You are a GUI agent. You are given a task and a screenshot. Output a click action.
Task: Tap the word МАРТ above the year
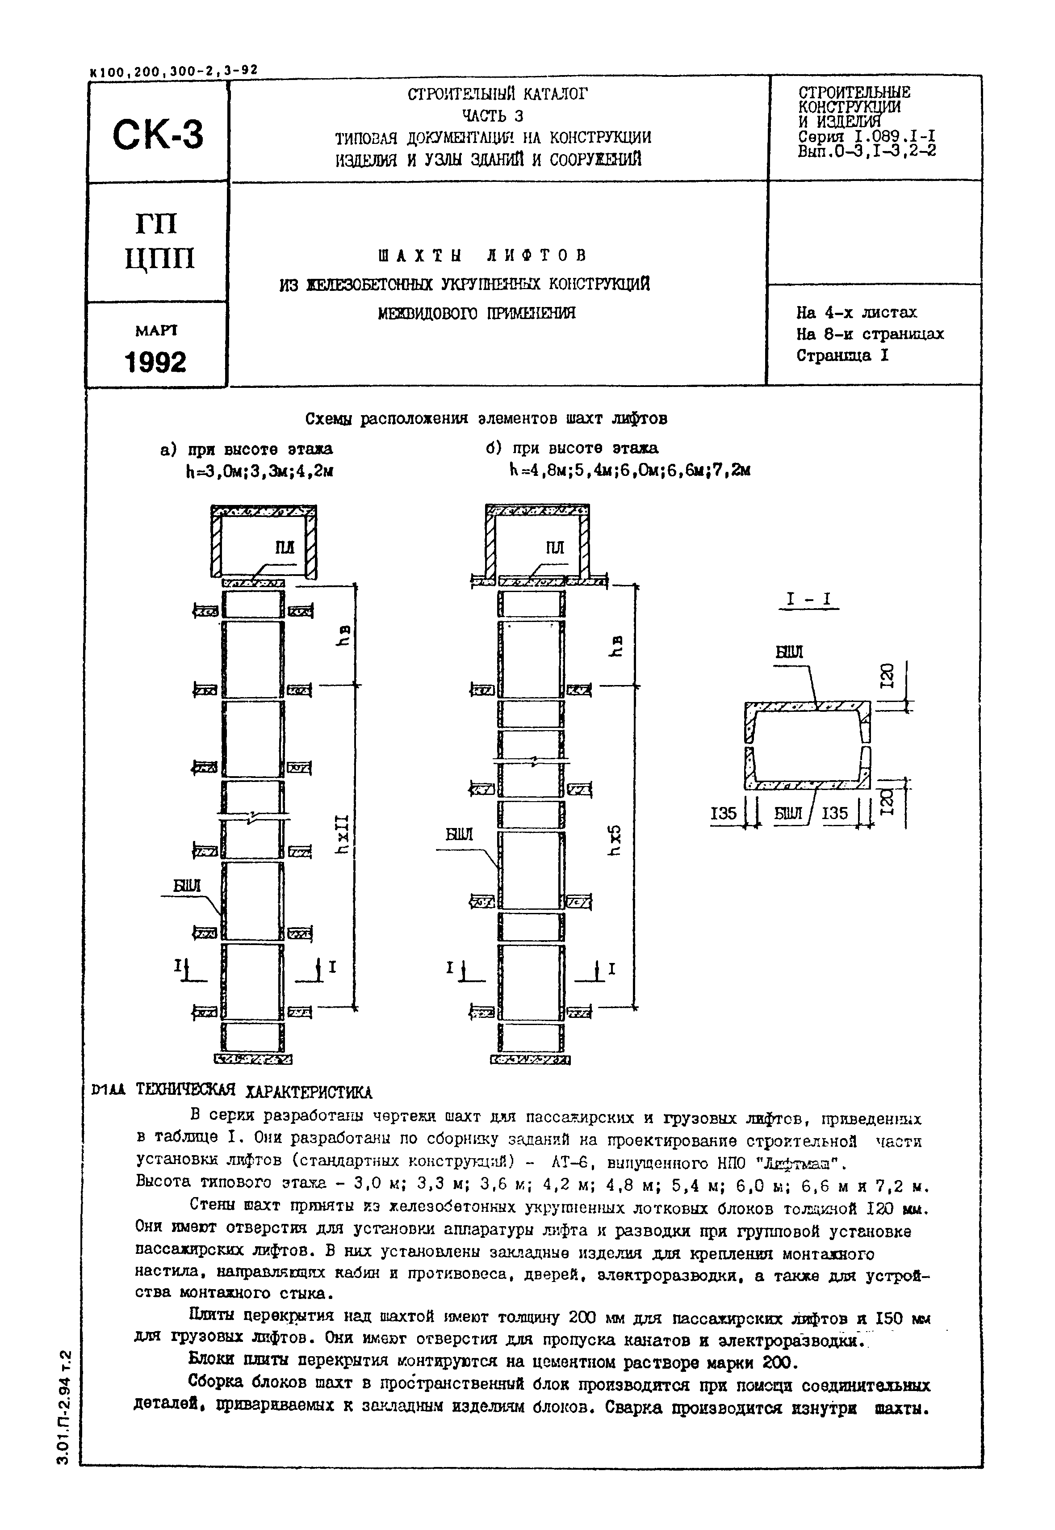pos(156,330)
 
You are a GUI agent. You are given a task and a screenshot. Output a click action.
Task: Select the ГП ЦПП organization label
pos(159,241)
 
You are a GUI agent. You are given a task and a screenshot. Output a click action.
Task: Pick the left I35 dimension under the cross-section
pos(724,813)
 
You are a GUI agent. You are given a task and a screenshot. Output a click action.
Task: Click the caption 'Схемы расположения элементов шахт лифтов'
pos(486,419)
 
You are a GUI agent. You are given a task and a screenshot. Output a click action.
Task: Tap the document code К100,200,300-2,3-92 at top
pos(173,70)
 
